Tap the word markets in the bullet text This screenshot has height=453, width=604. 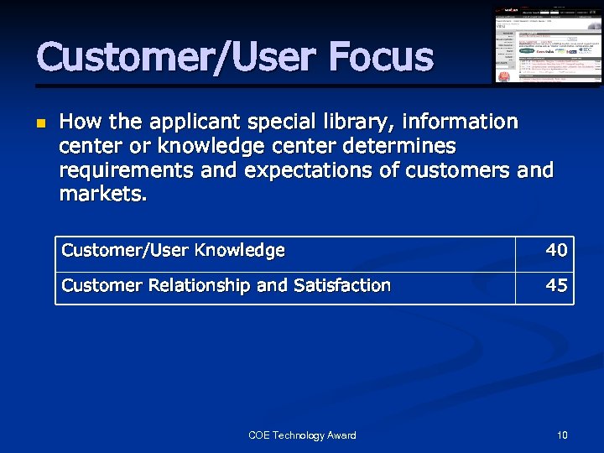[x=102, y=195]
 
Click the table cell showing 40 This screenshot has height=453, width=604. [x=556, y=250]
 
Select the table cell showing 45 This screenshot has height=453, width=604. [x=556, y=285]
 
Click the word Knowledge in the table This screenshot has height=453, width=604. [x=239, y=250]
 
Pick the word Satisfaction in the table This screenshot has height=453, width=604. [x=341, y=285]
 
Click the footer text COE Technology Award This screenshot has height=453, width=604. [x=302, y=435]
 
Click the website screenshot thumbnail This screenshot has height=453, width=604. [x=547, y=45]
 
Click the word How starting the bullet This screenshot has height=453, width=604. [x=78, y=122]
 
